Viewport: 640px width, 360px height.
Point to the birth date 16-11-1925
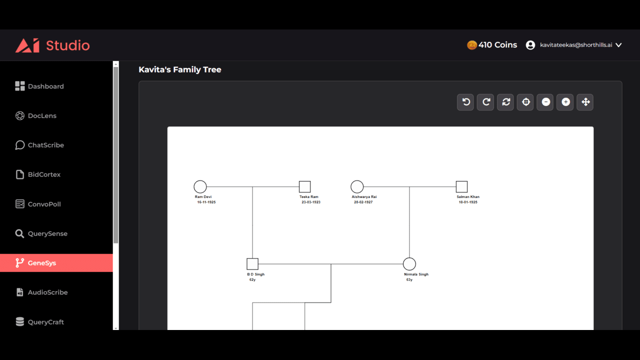tap(206, 202)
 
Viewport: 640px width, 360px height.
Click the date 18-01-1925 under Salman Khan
tap(468, 202)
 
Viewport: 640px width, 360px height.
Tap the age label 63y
tap(409, 279)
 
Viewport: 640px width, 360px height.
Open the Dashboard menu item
tap(39, 86)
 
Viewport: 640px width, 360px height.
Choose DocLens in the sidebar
tap(35, 115)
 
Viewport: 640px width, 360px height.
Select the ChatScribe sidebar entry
tap(39, 145)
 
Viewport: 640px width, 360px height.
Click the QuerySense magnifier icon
tap(19, 233)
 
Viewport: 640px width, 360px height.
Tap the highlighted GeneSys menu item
tap(56, 263)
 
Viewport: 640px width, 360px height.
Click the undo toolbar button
tap(465, 102)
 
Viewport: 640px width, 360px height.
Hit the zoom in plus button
tap(565, 102)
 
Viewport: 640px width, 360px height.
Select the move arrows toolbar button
tap(585, 102)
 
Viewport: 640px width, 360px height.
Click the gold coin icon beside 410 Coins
tap(471, 45)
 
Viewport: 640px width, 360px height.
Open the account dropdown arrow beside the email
tap(618, 45)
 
